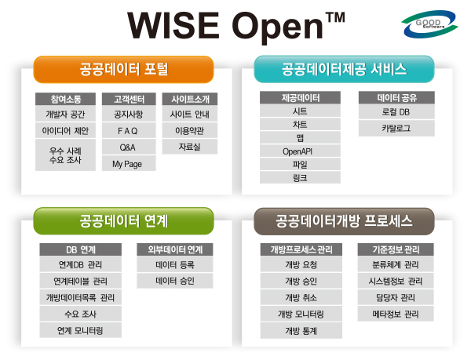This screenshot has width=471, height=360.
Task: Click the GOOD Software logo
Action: (429, 24)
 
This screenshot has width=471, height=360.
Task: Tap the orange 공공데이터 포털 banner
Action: (123, 69)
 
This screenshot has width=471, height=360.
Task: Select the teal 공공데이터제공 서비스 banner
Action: (345, 69)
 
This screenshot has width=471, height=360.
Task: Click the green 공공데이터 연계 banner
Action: (123, 221)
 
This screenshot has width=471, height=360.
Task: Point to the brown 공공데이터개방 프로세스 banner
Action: (345, 221)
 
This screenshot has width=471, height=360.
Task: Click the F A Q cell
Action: (129, 131)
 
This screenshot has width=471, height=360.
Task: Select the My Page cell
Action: (129, 163)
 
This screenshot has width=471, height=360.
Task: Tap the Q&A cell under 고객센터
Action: (129, 147)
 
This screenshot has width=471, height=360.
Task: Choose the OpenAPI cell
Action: (300, 151)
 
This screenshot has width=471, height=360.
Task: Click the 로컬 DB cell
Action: (396, 112)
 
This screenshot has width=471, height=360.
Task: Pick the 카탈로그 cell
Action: (396, 129)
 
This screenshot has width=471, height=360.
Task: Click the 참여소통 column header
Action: (65, 99)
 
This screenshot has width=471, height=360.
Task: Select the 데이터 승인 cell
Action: (175, 281)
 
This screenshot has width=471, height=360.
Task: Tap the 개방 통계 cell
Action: (301, 331)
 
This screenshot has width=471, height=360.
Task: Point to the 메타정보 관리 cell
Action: (396, 314)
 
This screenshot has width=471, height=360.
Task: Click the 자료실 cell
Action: (190, 147)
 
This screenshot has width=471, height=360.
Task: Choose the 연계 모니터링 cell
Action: (81, 330)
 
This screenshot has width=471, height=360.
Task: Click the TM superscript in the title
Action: (335, 17)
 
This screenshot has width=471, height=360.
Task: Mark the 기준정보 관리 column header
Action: (396, 249)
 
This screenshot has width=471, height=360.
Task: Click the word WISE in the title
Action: (173, 25)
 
